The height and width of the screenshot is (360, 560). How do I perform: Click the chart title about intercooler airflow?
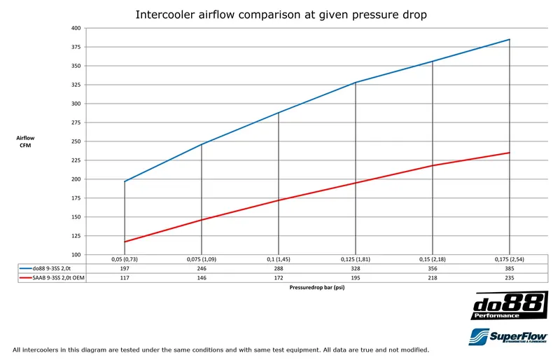pyautogui.click(x=281, y=14)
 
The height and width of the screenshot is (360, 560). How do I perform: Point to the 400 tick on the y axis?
pyautogui.click(x=76, y=28)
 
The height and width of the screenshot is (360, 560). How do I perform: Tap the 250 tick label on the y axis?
pyautogui.click(x=76, y=141)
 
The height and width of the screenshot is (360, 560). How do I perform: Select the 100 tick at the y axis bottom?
pyautogui.click(x=76, y=254)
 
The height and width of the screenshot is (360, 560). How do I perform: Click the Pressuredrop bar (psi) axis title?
pyautogui.click(x=316, y=286)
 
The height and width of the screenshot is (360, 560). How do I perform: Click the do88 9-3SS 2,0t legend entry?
pyautogui.click(x=49, y=268)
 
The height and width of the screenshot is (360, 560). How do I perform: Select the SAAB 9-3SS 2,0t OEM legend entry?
pyautogui.click(x=53, y=277)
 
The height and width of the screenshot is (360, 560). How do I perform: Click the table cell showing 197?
pyautogui.click(x=125, y=268)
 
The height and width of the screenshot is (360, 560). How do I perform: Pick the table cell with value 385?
pyautogui.click(x=509, y=268)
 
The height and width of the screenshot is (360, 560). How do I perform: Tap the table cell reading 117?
pyautogui.click(x=125, y=277)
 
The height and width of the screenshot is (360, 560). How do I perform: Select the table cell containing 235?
pyautogui.click(x=509, y=277)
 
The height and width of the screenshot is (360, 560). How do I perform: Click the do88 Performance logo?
pyautogui.click(x=509, y=306)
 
